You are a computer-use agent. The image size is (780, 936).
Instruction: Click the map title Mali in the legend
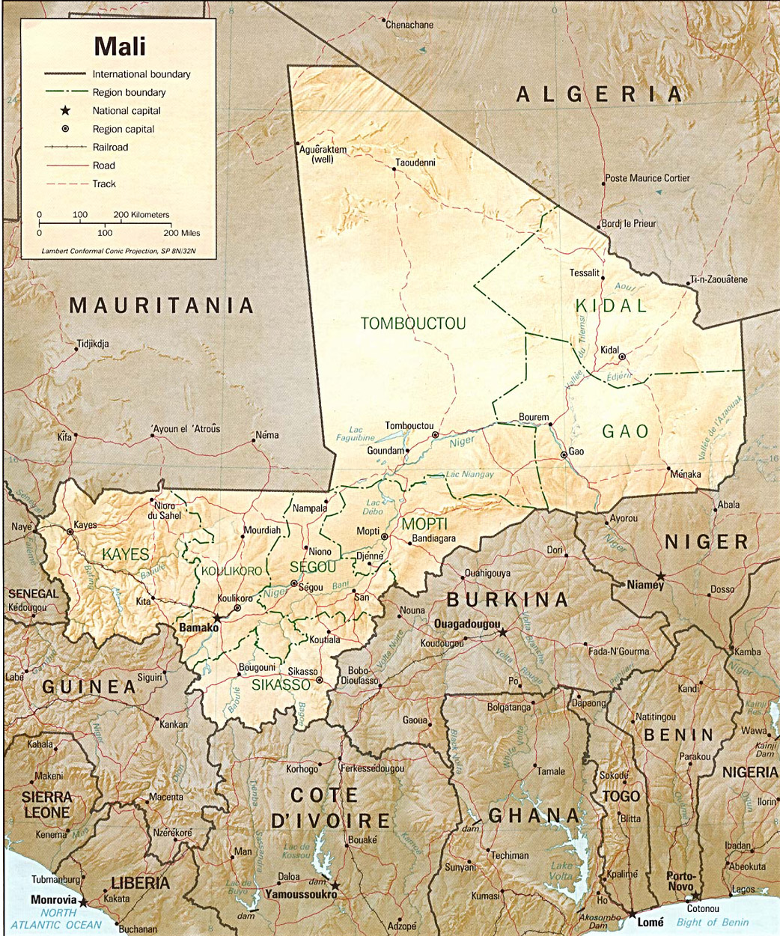point(120,46)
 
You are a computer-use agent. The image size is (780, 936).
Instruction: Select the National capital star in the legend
point(66,111)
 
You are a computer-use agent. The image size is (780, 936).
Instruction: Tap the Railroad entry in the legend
point(110,148)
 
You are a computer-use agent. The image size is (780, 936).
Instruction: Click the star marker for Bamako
point(217,619)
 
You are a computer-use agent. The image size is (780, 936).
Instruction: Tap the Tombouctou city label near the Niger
point(409,426)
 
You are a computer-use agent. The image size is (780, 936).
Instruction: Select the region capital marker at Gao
point(564,455)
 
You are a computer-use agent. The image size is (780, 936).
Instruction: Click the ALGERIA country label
point(599,94)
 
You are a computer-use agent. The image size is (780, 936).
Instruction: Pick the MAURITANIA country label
point(162,306)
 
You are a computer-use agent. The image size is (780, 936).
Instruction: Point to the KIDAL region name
point(611,306)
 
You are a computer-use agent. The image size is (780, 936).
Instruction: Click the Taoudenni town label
point(415,162)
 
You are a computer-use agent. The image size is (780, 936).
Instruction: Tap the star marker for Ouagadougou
point(503,633)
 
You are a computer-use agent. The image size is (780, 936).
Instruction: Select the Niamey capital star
point(660,575)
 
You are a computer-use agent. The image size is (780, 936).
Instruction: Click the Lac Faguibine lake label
point(355,434)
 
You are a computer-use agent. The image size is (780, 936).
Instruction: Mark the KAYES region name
point(125,555)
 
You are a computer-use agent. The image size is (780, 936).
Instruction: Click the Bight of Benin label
point(712,922)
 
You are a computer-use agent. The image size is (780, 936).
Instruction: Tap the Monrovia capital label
point(53,899)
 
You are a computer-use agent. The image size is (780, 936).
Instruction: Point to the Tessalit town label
point(585,273)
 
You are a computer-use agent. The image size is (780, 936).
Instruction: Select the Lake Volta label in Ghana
point(561,871)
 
